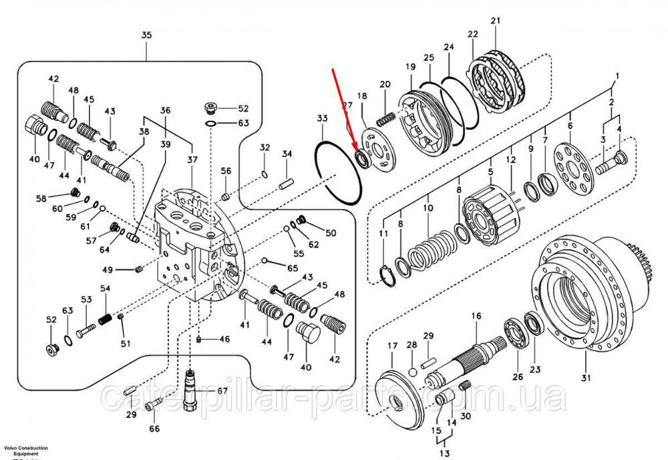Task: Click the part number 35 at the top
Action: point(147,35)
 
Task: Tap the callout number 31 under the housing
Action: point(587,379)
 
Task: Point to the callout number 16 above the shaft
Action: point(476,316)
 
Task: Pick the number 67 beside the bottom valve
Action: point(222,391)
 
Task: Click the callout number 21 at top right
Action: point(495,21)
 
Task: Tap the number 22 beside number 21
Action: point(472,34)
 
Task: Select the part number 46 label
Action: point(224,339)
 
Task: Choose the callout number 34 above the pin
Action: point(287,154)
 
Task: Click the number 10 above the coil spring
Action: point(428,208)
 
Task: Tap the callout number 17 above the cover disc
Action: point(393,345)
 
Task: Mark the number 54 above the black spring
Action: point(105,288)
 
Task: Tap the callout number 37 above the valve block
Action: point(192,159)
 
